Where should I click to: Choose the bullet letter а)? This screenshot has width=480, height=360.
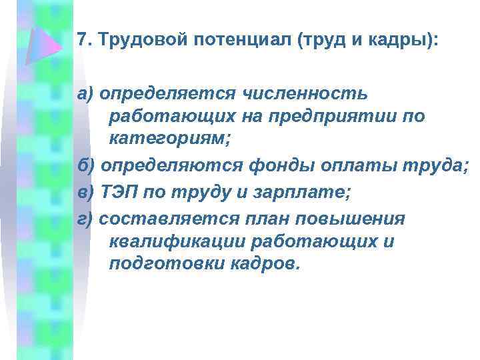pos(86,95)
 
